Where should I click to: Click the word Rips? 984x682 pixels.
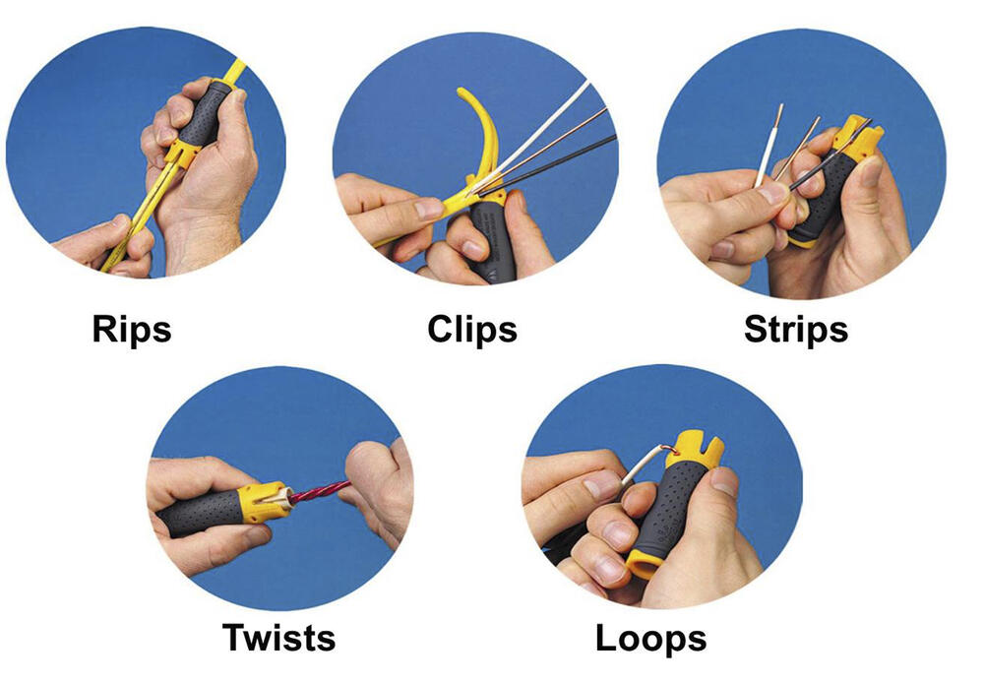(x=131, y=329)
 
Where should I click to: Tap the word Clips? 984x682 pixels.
(x=472, y=329)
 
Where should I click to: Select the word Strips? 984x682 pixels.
(x=795, y=329)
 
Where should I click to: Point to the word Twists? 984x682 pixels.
(x=278, y=637)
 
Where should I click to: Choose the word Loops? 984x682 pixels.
(x=650, y=638)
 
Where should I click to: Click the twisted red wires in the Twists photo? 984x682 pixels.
(x=319, y=491)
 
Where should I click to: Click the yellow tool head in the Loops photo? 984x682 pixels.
(x=695, y=448)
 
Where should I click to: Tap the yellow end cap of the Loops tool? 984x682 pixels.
(x=644, y=564)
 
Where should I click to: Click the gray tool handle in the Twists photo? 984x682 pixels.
(x=200, y=513)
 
